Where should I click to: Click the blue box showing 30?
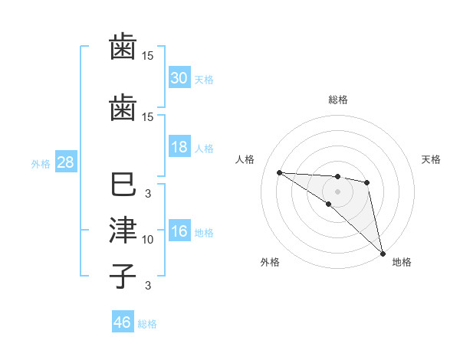coord(179,78)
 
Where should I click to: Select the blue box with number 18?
coord(179,148)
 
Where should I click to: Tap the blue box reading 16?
coord(179,232)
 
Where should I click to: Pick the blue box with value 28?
coord(65,163)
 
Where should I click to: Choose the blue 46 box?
coord(123,322)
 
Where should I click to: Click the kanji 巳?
coord(123,186)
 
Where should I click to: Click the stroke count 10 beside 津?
coord(148,240)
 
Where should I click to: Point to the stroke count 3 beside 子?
coord(148,286)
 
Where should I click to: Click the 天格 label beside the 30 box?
coord(204,79)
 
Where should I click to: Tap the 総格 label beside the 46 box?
coord(147,324)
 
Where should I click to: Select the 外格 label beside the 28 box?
coord(41,164)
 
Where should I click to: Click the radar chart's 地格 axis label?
coord(402,262)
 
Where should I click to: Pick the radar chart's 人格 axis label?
coord(245,159)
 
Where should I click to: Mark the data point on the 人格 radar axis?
coord(279,172)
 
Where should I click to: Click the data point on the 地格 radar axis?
coord(383,252)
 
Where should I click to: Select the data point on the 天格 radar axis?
coord(367,182)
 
